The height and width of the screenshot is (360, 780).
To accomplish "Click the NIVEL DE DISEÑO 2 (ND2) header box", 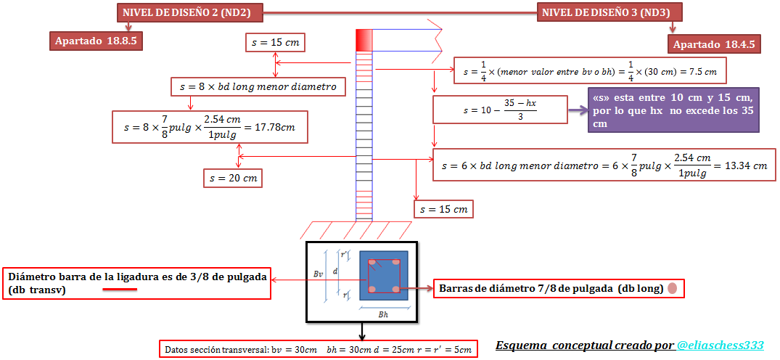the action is point(190,12).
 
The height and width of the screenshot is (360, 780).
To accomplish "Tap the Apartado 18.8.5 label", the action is point(95,41).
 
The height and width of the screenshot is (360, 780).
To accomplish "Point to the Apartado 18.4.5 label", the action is point(715,44).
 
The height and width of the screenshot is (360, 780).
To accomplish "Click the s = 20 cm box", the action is point(233,177).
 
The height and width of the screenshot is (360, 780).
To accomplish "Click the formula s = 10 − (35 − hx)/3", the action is point(501,110).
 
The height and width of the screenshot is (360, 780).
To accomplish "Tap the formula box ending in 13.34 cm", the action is point(604,165).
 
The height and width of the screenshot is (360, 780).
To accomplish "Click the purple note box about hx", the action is point(673,110).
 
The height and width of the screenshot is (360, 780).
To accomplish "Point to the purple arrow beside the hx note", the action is point(578,111).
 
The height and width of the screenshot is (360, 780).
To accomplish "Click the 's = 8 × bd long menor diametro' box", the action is point(258,87).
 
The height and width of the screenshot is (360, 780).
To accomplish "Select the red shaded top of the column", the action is point(364,39).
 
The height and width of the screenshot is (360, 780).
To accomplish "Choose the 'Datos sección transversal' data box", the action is point(319,349).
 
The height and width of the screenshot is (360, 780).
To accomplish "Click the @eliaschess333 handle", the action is point(720,345).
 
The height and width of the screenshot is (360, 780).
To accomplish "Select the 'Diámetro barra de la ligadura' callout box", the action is point(137,283).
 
